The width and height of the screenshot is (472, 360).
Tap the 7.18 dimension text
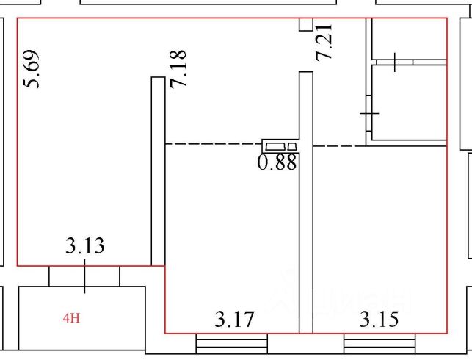coord(178,69)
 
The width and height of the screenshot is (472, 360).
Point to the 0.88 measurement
coord(277,162)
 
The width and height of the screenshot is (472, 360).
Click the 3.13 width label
coord(85,245)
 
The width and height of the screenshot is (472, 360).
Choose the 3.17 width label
coord(234,320)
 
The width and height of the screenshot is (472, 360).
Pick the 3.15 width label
coord(379,320)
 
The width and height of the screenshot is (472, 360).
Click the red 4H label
coord(70,319)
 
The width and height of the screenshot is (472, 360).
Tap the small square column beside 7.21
coord(305,24)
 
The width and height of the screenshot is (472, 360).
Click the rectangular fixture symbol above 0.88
coord(280,145)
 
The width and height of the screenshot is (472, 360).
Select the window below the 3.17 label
coord(231,343)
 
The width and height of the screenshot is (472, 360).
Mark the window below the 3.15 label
coord(380,343)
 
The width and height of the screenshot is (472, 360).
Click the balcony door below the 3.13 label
coord(84,276)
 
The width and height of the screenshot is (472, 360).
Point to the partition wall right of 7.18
coord(157,169)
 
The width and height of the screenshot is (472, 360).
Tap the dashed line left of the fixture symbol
coord(213,144)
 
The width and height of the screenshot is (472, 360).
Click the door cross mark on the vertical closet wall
coord(368,115)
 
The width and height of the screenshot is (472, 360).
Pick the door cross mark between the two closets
coord(396,62)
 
